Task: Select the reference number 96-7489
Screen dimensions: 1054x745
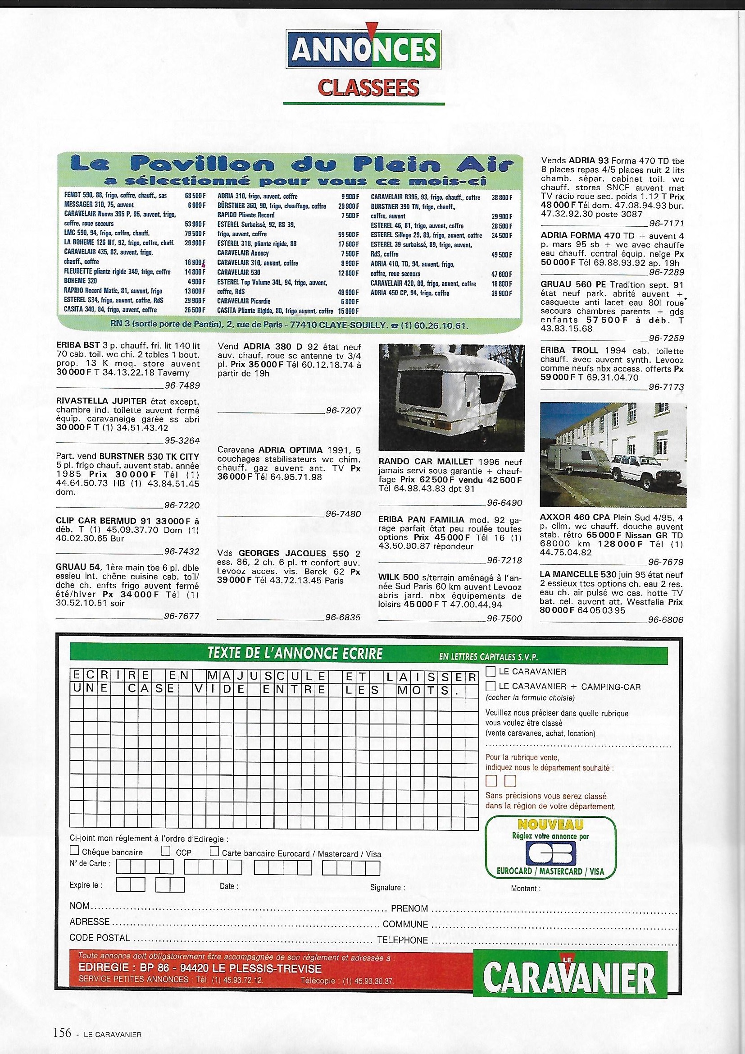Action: tap(182, 385)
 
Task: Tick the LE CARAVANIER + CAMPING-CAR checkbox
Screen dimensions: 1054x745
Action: tap(491, 686)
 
